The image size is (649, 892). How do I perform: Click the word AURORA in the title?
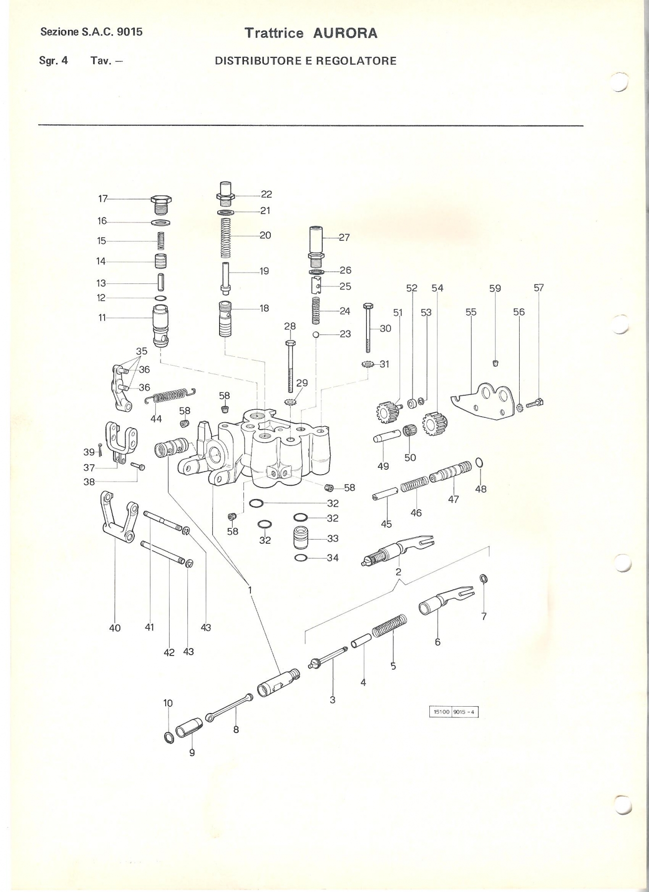pos(345,33)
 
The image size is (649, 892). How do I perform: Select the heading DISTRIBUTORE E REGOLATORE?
pos(305,61)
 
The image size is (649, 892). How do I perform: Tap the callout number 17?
pos(103,199)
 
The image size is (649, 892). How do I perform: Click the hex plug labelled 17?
pos(161,204)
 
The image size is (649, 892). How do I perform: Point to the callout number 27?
pos(344,237)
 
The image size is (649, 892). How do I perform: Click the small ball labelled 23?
pos(315,334)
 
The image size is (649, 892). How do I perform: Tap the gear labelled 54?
pos(435,421)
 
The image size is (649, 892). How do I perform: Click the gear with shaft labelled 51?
pos(387,411)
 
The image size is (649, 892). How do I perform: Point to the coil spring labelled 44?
pos(171,395)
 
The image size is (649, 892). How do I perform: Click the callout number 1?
pos(250,590)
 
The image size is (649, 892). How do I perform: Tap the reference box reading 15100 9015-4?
pos(454,712)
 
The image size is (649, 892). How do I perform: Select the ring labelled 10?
pos(169,737)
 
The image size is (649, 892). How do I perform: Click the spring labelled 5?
pos(389,625)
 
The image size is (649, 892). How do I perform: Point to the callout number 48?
pos(480,489)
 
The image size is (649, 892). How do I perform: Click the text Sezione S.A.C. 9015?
pos(92,32)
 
